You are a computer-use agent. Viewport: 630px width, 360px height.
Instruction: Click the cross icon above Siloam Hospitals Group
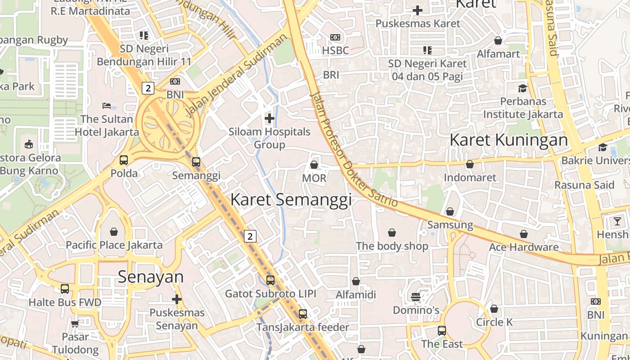[270, 118]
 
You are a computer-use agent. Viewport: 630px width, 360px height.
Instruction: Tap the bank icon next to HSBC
[335, 37]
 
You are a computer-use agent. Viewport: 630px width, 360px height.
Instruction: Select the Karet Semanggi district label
[291, 200]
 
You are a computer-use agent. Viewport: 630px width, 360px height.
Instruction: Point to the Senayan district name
[151, 277]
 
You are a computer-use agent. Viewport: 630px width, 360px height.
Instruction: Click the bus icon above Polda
[124, 160]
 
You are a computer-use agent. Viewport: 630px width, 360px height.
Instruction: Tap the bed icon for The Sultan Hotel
[107, 106]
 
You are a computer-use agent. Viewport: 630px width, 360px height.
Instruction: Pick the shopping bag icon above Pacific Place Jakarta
[114, 232]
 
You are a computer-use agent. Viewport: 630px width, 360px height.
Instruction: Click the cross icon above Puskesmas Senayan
[177, 299]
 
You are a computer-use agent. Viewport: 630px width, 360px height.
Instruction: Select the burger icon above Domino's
[416, 297]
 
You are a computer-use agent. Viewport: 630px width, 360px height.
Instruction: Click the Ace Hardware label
[523, 247]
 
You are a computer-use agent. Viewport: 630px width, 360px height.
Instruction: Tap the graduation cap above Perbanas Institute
[522, 88]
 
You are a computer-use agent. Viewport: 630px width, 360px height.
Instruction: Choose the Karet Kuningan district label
[508, 140]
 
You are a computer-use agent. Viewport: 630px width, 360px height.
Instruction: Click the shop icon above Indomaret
[470, 164]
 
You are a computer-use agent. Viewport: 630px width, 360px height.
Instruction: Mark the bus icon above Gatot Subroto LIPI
[270, 280]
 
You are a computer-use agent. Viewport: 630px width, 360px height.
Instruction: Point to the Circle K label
[494, 322]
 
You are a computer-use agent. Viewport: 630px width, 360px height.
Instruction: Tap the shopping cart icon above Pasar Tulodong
[75, 324]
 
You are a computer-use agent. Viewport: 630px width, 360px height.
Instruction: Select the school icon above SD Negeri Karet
[427, 50]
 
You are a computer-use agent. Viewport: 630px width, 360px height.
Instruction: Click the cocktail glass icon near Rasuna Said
[617, 221]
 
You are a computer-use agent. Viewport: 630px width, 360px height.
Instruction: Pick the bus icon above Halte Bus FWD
[65, 289]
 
